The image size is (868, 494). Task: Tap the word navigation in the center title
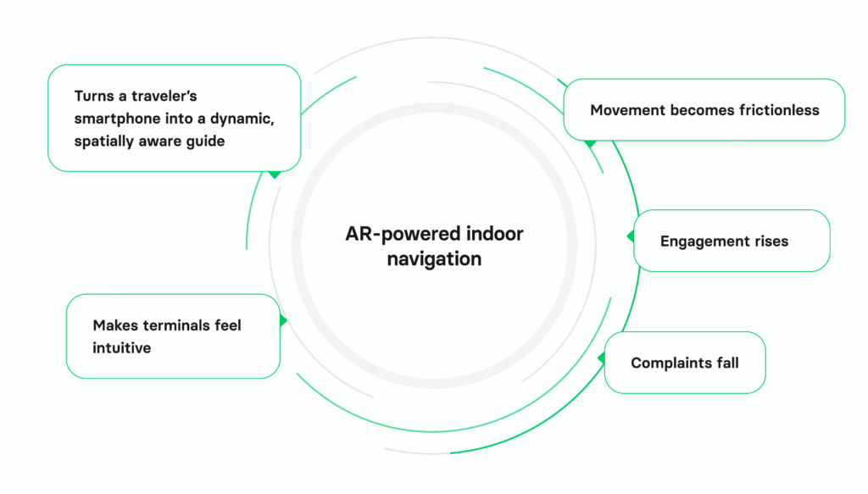pyautogui.click(x=434, y=258)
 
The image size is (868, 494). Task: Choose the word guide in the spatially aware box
pyautogui.click(x=207, y=141)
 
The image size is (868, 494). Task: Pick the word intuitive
pyautogui.click(x=122, y=347)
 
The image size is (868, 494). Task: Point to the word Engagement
pyautogui.click(x=701, y=241)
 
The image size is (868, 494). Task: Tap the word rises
pyautogui.click(x=767, y=241)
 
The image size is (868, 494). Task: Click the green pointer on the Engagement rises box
pyautogui.click(x=631, y=236)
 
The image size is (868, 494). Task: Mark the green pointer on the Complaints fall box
pyautogui.click(x=601, y=358)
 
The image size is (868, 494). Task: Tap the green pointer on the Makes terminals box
pyautogui.click(x=283, y=320)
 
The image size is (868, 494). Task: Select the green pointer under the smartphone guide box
pyautogui.click(x=274, y=174)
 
